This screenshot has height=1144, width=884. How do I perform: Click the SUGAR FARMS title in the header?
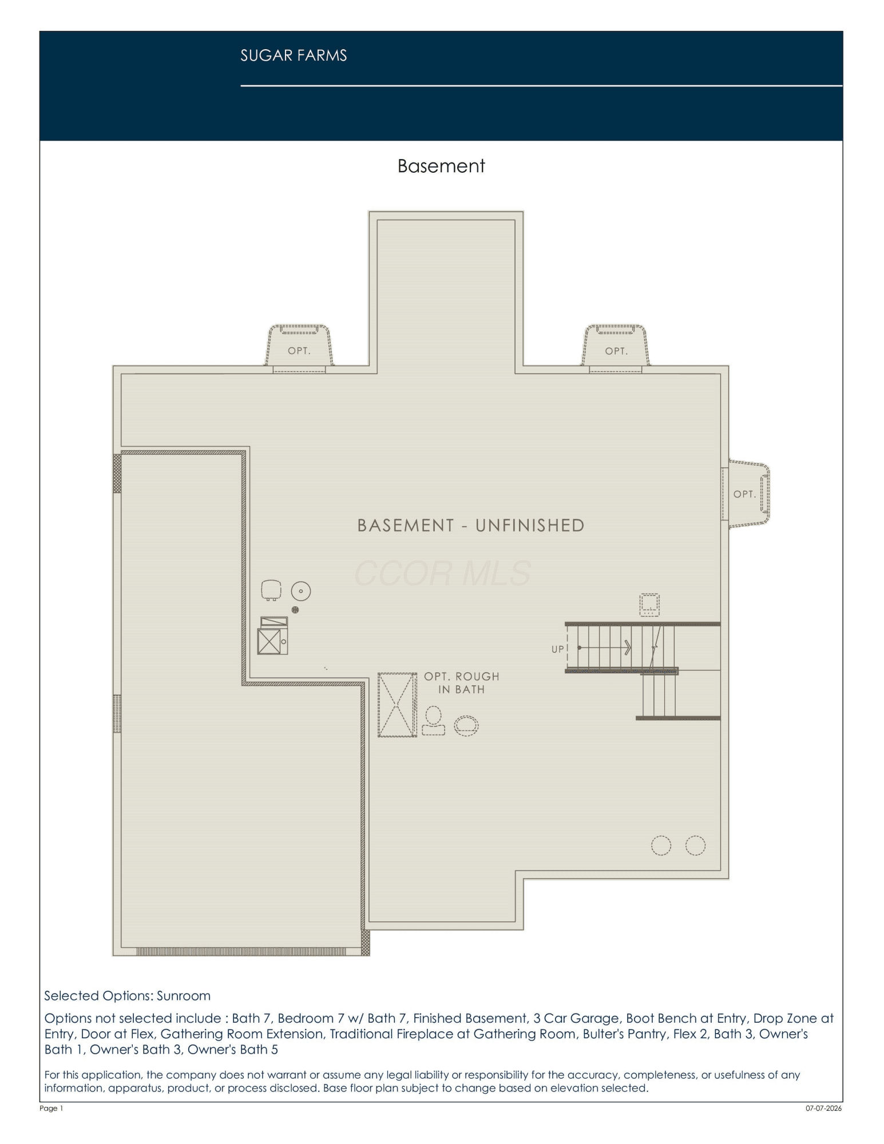[294, 55]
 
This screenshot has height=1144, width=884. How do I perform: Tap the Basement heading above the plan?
[441, 166]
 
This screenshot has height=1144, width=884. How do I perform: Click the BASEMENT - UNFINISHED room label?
[471, 525]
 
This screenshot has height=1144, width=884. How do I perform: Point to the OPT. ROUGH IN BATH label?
[461, 683]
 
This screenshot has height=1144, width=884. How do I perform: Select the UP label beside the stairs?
[557, 649]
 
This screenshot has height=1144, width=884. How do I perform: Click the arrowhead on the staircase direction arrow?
[628, 648]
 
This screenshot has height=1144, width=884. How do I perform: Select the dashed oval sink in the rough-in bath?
[466, 725]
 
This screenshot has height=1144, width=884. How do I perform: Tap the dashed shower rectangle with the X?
[397, 705]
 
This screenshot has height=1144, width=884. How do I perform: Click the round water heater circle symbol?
[301, 591]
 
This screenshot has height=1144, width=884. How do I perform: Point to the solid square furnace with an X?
[269, 641]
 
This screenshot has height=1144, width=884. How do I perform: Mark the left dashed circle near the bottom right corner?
[661, 845]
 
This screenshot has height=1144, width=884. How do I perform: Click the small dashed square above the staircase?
[649, 605]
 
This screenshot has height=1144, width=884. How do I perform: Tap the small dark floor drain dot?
[295, 610]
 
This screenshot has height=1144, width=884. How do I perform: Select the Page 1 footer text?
[51, 1109]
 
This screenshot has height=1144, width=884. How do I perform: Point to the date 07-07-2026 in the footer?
[824, 1109]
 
